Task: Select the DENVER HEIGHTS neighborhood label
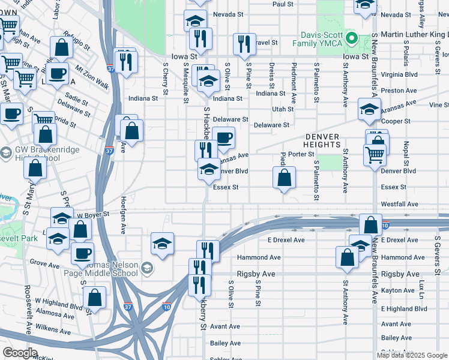(x=322, y=140)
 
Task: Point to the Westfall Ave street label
(x=399, y=204)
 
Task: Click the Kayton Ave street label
(x=397, y=290)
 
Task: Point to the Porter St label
(x=301, y=154)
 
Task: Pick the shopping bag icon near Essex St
(x=285, y=178)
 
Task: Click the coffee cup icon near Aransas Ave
(x=224, y=138)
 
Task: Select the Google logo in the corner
(x=20, y=353)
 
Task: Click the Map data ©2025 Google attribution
(x=412, y=355)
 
